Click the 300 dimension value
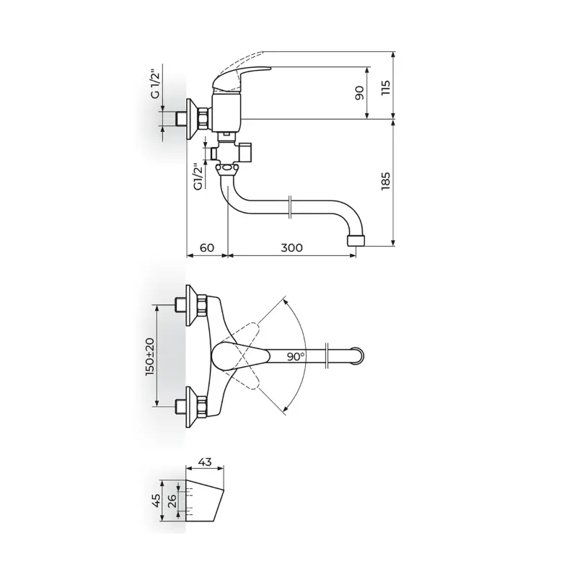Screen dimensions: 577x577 pos(291,247)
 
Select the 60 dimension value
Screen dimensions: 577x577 pos(207,247)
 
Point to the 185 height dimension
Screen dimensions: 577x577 pos(386,181)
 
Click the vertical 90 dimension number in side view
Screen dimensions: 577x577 pos(359,93)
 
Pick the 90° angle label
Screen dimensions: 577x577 pos(296,356)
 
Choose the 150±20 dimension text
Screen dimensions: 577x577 pos(150,356)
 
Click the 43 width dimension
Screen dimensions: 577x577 pos(205,462)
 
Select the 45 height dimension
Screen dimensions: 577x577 pos(156,501)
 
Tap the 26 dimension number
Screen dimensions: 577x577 pos(172,501)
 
